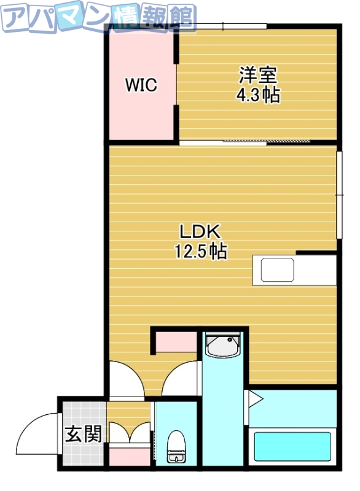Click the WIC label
[x=141, y=85]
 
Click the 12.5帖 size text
[x=200, y=250]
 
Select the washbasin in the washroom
[x=222, y=347]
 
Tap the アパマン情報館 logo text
[x=98, y=17]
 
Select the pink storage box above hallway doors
[x=175, y=342]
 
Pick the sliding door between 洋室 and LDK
[x=246, y=142]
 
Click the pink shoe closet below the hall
[x=129, y=456]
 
